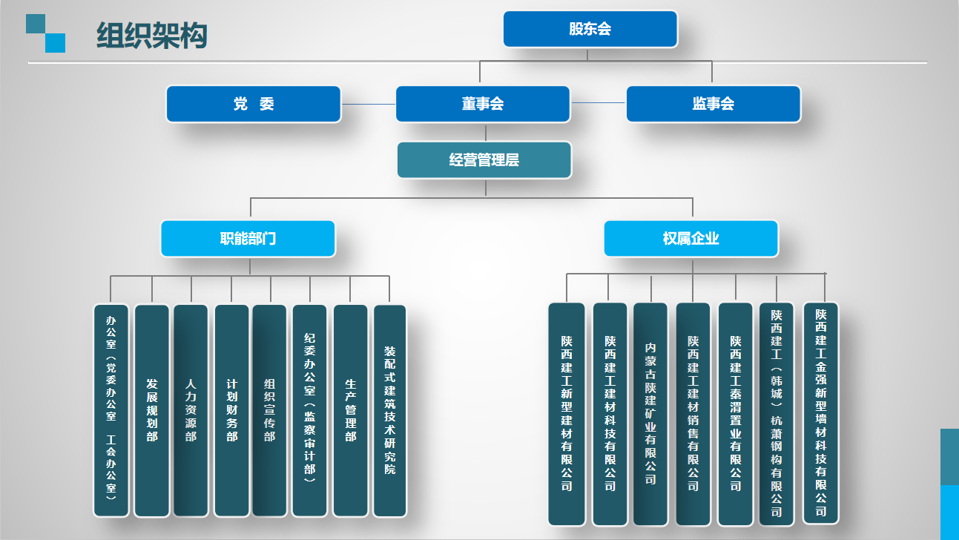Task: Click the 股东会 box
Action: pyautogui.click(x=590, y=29)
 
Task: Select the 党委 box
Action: pyautogui.click(x=253, y=104)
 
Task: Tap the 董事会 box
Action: pyautogui.click(x=483, y=104)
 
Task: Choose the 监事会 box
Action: pyautogui.click(x=713, y=104)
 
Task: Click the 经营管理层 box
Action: pyautogui.click(x=484, y=160)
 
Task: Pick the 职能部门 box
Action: pyautogui.click(x=248, y=239)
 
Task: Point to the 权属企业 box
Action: pyautogui.click(x=691, y=239)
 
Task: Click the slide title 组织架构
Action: pyautogui.click(x=151, y=36)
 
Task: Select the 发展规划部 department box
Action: pyautogui.click(x=152, y=410)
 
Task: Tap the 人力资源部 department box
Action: pyautogui.click(x=191, y=410)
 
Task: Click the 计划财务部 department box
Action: pyautogui.click(x=231, y=410)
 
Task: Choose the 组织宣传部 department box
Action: pyautogui.click(x=269, y=410)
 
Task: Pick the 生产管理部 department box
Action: pyautogui.click(x=350, y=410)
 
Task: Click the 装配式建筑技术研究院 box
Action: pyautogui.click(x=389, y=410)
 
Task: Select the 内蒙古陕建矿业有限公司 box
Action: pyautogui.click(x=650, y=413)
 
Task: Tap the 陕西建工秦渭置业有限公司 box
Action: pyautogui.click(x=735, y=413)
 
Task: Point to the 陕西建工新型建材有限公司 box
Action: pyautogui.click(x=566, y=413)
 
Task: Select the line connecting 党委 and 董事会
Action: pyautogui.click(x=368, y=104)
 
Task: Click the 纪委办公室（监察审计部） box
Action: pyautogui.click(x=309, y=410)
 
